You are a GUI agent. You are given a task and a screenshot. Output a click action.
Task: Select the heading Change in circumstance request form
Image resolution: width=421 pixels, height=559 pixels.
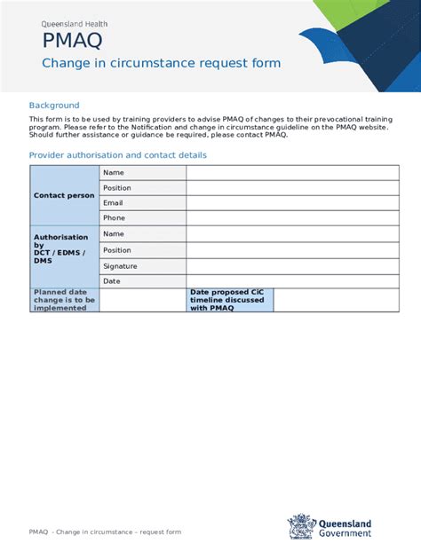(162, 63)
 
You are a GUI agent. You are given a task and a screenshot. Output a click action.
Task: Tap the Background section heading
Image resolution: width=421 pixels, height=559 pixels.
(54, 105)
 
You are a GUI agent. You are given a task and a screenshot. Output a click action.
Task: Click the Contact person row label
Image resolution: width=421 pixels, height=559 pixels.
(64, 195)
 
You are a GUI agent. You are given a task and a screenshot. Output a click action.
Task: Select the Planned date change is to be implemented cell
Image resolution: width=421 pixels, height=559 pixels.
(64, 300)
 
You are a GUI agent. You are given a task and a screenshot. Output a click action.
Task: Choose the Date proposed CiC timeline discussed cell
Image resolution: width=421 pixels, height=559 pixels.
(229, 300)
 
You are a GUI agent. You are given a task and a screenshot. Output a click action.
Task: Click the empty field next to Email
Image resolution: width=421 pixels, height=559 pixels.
(285, 203)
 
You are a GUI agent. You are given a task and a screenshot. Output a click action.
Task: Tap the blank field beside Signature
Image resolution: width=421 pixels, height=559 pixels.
(285, 266)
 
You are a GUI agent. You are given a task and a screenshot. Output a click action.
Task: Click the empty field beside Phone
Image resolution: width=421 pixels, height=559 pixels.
(285, 218)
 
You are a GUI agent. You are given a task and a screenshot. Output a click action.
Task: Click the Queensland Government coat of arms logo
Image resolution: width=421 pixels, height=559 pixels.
(301, 525)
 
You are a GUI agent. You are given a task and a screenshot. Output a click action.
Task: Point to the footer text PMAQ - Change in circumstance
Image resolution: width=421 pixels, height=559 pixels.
(105, 531)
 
